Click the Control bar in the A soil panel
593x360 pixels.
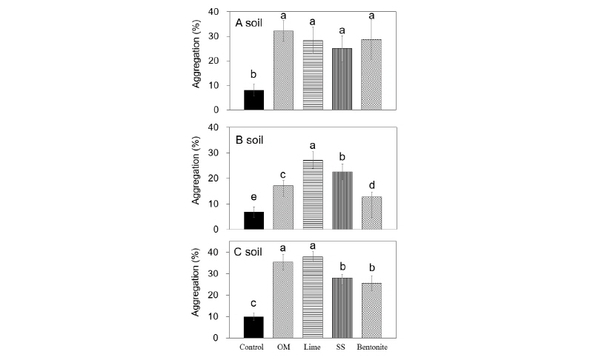coord(254,100)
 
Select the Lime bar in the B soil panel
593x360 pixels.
coord(313,195)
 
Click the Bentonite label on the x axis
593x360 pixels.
coord(373,347)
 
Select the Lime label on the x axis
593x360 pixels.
coord(313,347)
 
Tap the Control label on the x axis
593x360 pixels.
coord(254,347)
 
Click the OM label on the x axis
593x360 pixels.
coord(283,347)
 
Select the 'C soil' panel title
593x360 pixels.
coord(251,251)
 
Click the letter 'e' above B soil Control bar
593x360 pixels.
coord(254,196)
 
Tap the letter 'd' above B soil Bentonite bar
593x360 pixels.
coord(372,184)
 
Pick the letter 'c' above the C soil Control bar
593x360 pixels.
coord(254,303)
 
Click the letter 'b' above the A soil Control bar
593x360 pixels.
coord(254,75)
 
